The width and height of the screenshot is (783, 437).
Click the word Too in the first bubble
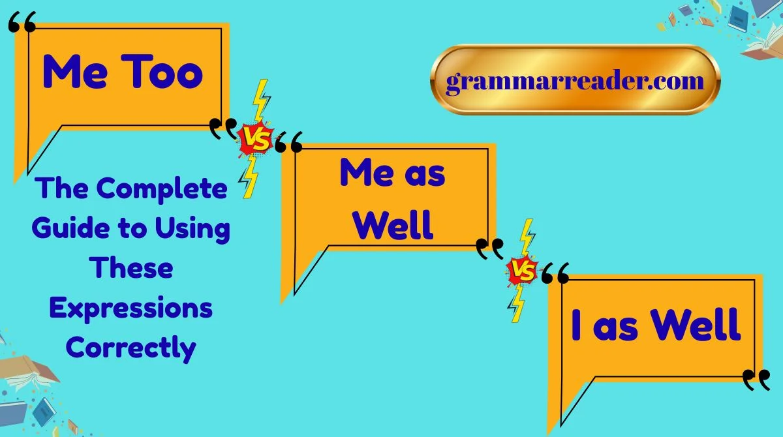pyautogui.click(x=165, y=73)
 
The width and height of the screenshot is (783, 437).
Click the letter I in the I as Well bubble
pyautogui.click(x=576, y=325)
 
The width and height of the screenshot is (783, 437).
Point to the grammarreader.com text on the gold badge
pyautogui.click(x=575, y=82)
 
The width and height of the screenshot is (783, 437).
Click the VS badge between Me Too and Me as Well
pyautogui.click(x=254, y=139)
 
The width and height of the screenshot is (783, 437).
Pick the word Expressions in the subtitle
pyautogui.click(x=130, y=307)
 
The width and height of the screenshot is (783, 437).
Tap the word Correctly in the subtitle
pyautogui.click(x=130, y=346)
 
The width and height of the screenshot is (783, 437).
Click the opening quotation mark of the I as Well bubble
pyautogui.click(x=555, y=274)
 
